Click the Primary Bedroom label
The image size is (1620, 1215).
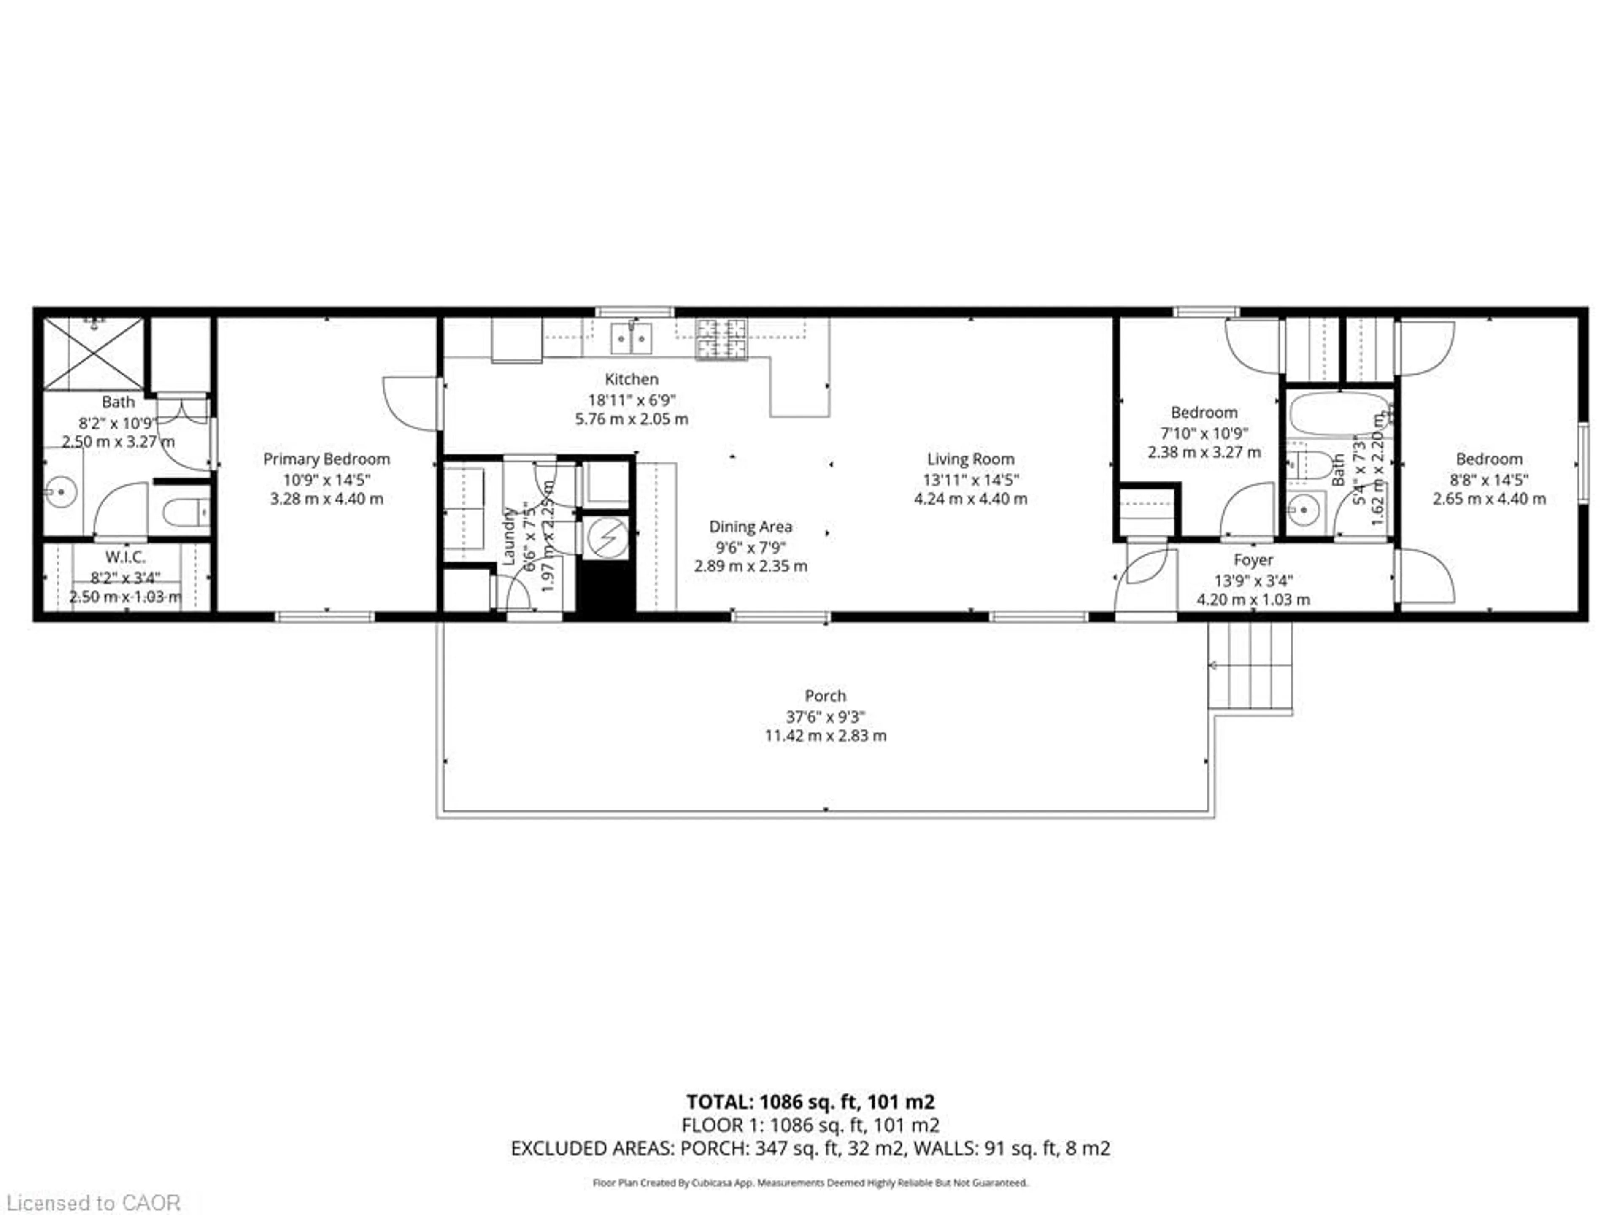pos(326,459)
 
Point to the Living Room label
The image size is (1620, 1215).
pos(970,459)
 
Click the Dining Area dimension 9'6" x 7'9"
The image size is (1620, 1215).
pos(751,546)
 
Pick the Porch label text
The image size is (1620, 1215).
pos(825,696)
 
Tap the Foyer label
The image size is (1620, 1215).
pos(1253,560)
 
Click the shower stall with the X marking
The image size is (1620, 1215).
pos(93,353)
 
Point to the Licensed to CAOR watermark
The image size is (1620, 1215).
pos(93,1202)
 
